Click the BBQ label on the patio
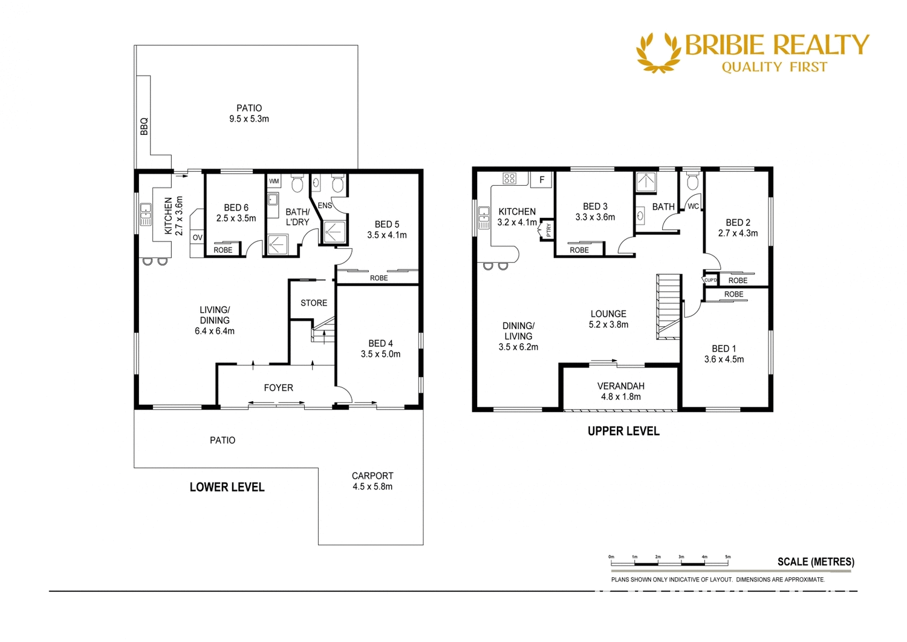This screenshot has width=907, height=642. [x=144, y=126]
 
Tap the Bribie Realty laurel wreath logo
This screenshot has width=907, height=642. [x=658, y=53]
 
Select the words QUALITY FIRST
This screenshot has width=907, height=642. [x=774, y=67]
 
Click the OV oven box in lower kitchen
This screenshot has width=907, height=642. [x=197, y=238]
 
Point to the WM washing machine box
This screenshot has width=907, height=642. [x=274, y=181]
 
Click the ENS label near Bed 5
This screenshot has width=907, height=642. [x=325, y=206]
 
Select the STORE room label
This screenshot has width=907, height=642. [x=314, y=303]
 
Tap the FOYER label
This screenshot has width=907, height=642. [x=278, y=388]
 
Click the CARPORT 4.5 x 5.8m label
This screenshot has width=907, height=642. [x=372, y=481]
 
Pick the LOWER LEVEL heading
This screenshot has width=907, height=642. [x=227, y=487]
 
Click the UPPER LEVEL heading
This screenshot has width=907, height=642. [x=623, y=431]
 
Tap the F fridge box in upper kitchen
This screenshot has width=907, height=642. [x=542, y=180]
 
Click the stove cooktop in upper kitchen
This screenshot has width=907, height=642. [x=510, y=179]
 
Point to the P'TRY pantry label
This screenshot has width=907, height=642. [x=548, y=230]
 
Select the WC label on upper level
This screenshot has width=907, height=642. [x=693, y=206]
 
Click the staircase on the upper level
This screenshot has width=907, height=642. [x=669, y=306]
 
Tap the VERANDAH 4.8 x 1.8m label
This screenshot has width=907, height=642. [x=620, y=391]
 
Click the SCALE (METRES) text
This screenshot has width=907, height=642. [x=816, y=562]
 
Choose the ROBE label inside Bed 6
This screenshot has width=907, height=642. [x=223, y=250]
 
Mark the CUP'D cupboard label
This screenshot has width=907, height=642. [x=710, y=280]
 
